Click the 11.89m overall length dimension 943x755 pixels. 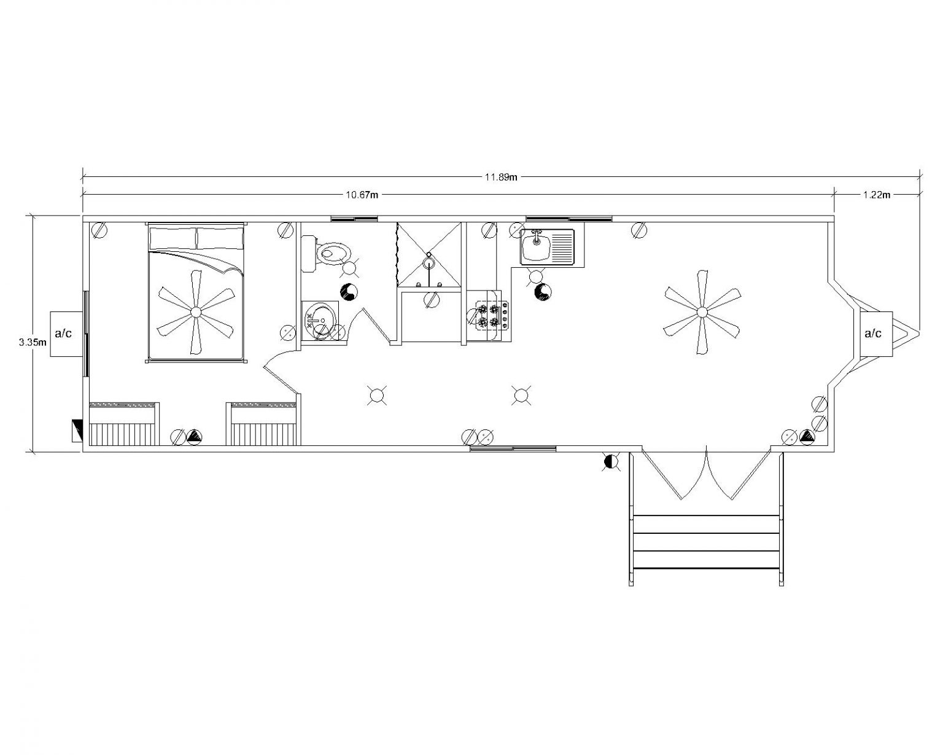(500, 177)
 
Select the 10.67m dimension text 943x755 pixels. (362, 195)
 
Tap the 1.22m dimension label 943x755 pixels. (877, 195)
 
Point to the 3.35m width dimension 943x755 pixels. (33, 342)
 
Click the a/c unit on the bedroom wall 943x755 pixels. (66, 334)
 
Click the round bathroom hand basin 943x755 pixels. (320, 320)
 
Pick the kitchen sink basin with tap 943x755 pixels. (537, 247)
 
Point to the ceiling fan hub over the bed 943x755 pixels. (196, 312)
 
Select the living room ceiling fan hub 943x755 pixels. (702, 311)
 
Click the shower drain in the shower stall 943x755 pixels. (429, 263)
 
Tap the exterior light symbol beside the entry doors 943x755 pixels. (611, 462)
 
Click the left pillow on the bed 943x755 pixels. (173, 238)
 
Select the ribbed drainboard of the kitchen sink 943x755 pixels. (562, 247)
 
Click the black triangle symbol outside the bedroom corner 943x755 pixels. (77, 431)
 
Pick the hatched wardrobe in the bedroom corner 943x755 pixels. (124, 424)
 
